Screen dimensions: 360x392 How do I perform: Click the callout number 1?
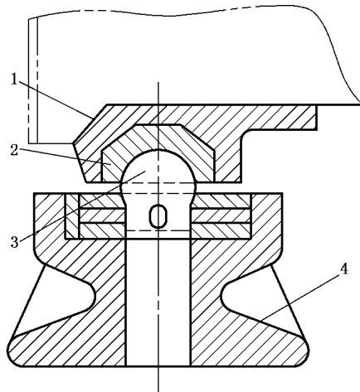[14, 79]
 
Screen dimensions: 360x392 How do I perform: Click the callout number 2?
[14, 150]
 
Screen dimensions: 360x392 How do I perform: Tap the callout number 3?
[14, 241]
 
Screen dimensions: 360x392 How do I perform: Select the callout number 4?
[343, 269]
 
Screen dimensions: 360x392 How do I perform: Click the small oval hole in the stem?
[158, 216]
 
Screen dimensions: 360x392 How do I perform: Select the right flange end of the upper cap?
[316, 118]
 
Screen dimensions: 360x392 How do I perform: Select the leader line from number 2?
[65, 157]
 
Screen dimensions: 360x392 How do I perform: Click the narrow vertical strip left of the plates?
[72, 216]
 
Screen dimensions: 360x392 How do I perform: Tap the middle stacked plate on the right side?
[221, 215]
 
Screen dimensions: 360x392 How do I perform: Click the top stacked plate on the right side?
[221, 201]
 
